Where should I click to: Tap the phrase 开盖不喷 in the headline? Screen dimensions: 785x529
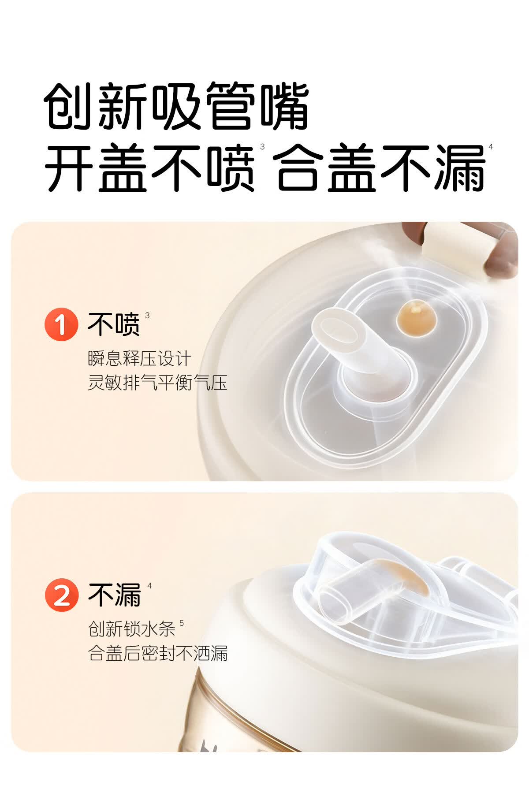(150, 168)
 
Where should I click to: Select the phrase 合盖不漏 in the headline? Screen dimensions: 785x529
(381, 168)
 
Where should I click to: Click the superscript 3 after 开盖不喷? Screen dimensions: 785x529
(263, 147)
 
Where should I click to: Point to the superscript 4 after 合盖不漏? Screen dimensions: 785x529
(491, 147)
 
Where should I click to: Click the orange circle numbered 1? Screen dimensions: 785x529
(61, 324)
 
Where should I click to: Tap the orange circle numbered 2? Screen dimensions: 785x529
(61, 595)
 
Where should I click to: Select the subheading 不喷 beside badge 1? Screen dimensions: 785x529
(113, 324)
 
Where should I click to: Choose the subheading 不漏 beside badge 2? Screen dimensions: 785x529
(114, 595)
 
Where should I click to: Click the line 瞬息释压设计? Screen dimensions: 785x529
(139, 358)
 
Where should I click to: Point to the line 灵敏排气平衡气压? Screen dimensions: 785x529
(157, 382)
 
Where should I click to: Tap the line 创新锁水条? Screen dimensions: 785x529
(132, 629)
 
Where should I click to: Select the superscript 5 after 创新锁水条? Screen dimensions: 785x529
(182, 623)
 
